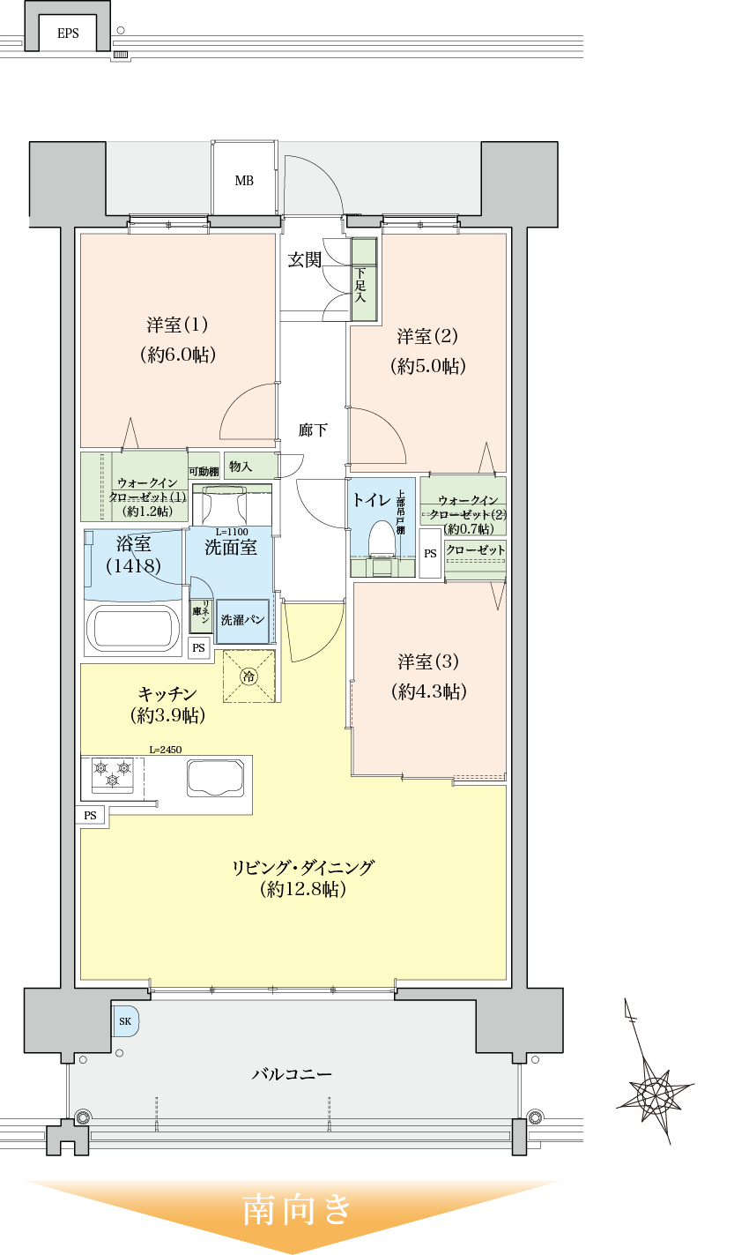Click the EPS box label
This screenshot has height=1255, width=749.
coord(68,34)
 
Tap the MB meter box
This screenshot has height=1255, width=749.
coord(244,181)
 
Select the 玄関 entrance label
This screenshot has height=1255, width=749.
coord(305,260)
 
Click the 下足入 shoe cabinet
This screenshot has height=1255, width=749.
coord(363,280)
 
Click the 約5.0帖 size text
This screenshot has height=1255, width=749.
coord(427,366)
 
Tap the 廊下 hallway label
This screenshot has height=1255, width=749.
coord(313,430)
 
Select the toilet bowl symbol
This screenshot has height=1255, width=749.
coord(382,541)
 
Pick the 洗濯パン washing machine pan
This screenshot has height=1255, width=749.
coord(243,620)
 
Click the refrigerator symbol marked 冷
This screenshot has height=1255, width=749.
coord(249,676)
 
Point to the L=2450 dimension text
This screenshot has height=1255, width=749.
coord(165,750)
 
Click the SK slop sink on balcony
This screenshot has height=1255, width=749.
coord(124,1021)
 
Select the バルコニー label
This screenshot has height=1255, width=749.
coord(292,1074)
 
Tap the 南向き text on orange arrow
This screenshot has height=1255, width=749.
coord(297,1209)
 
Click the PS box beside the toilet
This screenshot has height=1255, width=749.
coord(430,554)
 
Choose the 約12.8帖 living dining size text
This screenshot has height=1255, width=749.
coord(303,890)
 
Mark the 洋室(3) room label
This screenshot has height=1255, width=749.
coord(428,661)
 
